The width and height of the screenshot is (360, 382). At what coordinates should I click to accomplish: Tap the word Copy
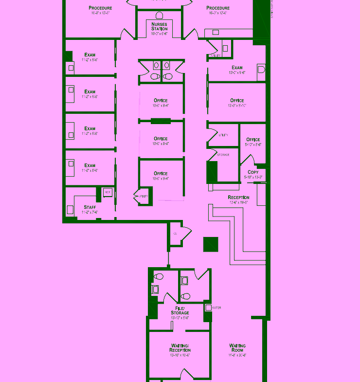[x=253, y=172]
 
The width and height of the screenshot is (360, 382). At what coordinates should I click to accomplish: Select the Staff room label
[x=90, y=207]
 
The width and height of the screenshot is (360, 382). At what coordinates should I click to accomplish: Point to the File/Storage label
[x=180, y=310]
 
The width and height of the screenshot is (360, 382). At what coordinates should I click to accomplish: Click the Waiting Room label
[x=237, y=348]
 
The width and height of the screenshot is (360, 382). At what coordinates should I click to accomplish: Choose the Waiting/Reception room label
[x=180, y=348]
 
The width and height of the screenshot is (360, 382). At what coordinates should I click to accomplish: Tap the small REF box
[x=108, y=193]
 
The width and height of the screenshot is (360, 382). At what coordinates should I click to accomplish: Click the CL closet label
[x=175, y=234]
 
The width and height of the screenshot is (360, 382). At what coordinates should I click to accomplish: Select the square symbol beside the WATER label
[x=208, y=308]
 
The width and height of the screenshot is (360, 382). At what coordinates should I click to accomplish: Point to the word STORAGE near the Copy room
[x=223, y=155]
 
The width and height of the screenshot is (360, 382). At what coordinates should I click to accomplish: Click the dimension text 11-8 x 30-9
[x=237, y=355]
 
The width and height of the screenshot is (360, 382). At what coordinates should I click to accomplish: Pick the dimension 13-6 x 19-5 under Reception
[x=238, y=202]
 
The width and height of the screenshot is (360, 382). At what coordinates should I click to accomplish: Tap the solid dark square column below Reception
[x=211, y=244]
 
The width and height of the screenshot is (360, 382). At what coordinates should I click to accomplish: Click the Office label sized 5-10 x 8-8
[x=253, y=140]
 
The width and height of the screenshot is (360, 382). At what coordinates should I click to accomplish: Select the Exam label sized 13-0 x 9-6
[x=237, y=68]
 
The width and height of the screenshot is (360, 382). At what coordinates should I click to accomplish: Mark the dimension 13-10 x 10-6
[x=180, y=355]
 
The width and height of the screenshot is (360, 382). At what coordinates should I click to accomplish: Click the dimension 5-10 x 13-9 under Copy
[x=253, y=178]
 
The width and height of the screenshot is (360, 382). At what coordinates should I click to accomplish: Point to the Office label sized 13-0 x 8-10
[x=237, y=101]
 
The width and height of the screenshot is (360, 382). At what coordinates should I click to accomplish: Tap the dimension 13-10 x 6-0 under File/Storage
[x=180, y=318]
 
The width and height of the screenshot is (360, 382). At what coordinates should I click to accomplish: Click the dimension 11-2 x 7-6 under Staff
[x=90, y=212]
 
